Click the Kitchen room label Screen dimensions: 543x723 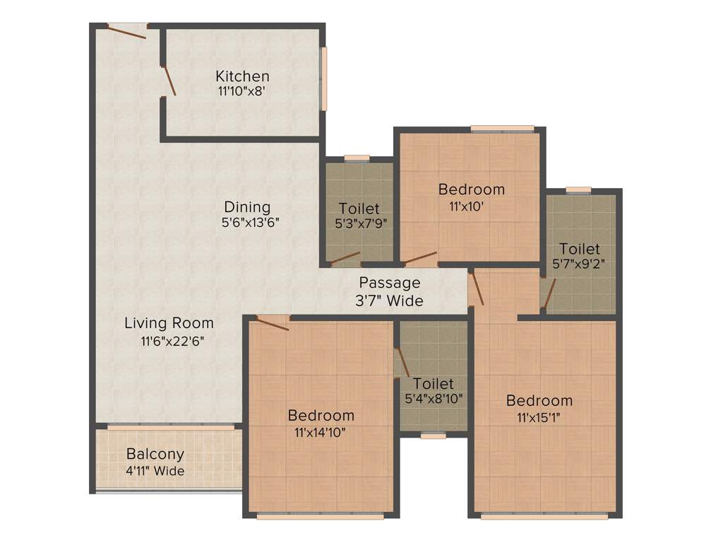coord(242,76)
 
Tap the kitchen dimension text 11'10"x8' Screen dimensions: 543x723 coord(241,91)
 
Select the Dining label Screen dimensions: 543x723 coord(247,207)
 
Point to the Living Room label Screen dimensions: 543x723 coord(169,323)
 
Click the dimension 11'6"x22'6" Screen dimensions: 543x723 coord(168,340)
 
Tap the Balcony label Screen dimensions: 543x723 coord(155,454)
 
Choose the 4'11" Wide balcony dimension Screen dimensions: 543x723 coord(155,470)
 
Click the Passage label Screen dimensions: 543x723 coord(389,283)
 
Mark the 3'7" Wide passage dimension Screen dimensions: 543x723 coord(389,300)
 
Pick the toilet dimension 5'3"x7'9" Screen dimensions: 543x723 coord(359,224)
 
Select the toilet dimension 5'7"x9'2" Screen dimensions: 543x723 coord(580,264)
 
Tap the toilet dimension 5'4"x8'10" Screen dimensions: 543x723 coord(434,399)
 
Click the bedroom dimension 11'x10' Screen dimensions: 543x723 coord(471,206)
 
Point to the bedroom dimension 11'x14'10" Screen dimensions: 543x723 coord(321,431)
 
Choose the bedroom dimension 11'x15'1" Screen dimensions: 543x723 coord(539,416)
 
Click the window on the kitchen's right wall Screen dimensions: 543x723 coord(324,78)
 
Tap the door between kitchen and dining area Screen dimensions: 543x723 coord(169,81)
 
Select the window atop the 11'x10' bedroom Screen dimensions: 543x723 coord(502,128)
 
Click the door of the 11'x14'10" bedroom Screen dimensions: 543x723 coord(272,324)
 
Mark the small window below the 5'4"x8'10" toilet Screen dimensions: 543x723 coord(433,436)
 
